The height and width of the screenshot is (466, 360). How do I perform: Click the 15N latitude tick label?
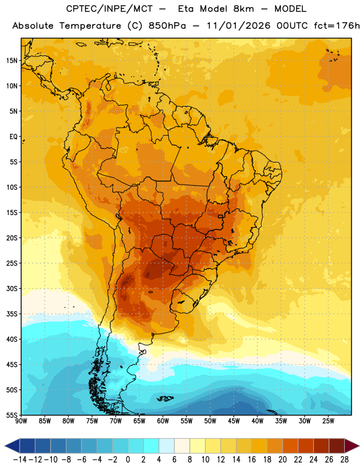[12, 61]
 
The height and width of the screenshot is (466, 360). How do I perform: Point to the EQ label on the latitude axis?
[13, 137]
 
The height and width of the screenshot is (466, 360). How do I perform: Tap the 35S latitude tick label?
[12, 314]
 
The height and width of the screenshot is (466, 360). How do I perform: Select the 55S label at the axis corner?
[12, 415]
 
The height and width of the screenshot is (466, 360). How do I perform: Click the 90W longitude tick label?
[21, 421]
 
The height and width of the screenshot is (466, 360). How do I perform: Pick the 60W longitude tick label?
[163, 421]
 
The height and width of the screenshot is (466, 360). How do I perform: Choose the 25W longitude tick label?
[328, 421]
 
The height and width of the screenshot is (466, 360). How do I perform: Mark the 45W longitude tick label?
[234, 421]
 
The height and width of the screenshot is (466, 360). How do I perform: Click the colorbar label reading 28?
[344, 460]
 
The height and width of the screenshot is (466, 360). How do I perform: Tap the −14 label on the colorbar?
[20, 460]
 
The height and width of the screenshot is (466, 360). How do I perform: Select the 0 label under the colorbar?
[128, 460]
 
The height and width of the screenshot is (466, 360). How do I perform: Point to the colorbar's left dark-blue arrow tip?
[5, 446]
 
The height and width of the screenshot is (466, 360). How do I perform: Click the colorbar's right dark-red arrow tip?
[359, 446]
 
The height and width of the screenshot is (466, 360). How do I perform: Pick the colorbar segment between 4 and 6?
[167, 446]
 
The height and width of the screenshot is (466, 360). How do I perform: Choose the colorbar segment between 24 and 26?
[322, 446]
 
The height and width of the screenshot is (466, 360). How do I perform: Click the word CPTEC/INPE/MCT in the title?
[109, 9]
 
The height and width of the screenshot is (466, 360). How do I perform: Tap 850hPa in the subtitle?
[167, 26]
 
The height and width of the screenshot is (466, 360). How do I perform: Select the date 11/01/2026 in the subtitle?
[238, 26]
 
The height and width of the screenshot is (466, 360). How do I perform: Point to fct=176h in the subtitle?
[337, 26]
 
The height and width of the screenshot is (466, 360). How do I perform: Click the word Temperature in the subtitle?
[90, 26]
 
